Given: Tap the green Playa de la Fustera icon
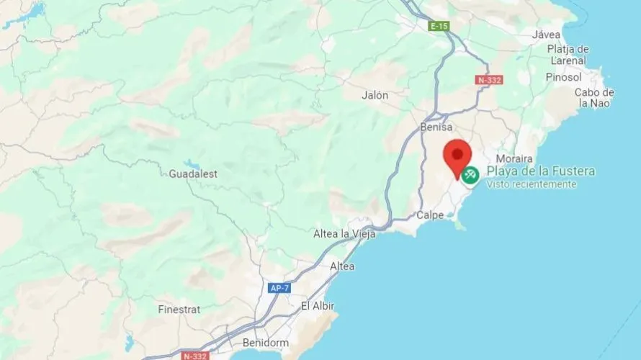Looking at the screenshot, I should (470, 174).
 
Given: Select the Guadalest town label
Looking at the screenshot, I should (193, 174).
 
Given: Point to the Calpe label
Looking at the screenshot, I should (431, 215).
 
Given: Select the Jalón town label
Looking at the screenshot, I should (375, 95).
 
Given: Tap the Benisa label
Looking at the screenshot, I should (436, 127).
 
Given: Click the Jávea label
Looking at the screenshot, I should (546, 34).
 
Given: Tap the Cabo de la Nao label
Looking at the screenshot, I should (594, 98).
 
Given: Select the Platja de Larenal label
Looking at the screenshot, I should (568, 55).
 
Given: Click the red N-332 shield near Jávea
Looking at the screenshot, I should (489, 80).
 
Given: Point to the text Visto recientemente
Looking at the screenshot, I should (532, 184).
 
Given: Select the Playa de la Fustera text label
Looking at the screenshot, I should (541, 171).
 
